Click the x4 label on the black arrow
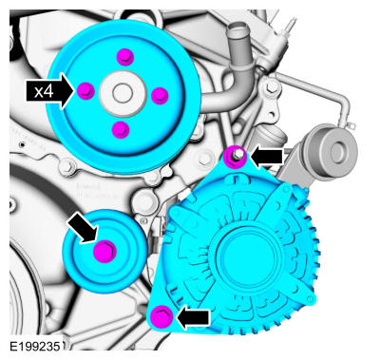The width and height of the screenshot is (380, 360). coord(44,92)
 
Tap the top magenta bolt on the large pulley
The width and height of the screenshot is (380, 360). coord(125,57)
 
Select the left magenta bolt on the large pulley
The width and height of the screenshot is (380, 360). coord(86,91)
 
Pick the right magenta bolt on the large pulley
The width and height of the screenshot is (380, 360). coord(160,95)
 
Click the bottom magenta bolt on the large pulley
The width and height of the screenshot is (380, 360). coord(121,130)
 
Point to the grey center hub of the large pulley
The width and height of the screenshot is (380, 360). coord(123,94)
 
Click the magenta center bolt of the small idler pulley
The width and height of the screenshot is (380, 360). coord(104,252)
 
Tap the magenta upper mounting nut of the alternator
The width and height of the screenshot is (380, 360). coord(236,157)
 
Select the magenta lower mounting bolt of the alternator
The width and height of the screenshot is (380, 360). coord(161,316)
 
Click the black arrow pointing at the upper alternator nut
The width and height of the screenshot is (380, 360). coord(267,157)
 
